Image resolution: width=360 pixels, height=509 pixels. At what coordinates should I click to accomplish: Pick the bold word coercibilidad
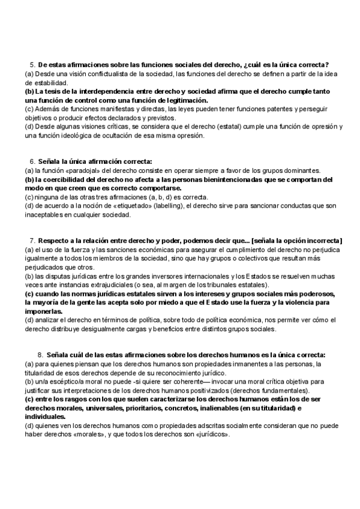63,179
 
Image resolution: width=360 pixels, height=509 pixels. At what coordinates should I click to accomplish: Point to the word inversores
178,276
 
